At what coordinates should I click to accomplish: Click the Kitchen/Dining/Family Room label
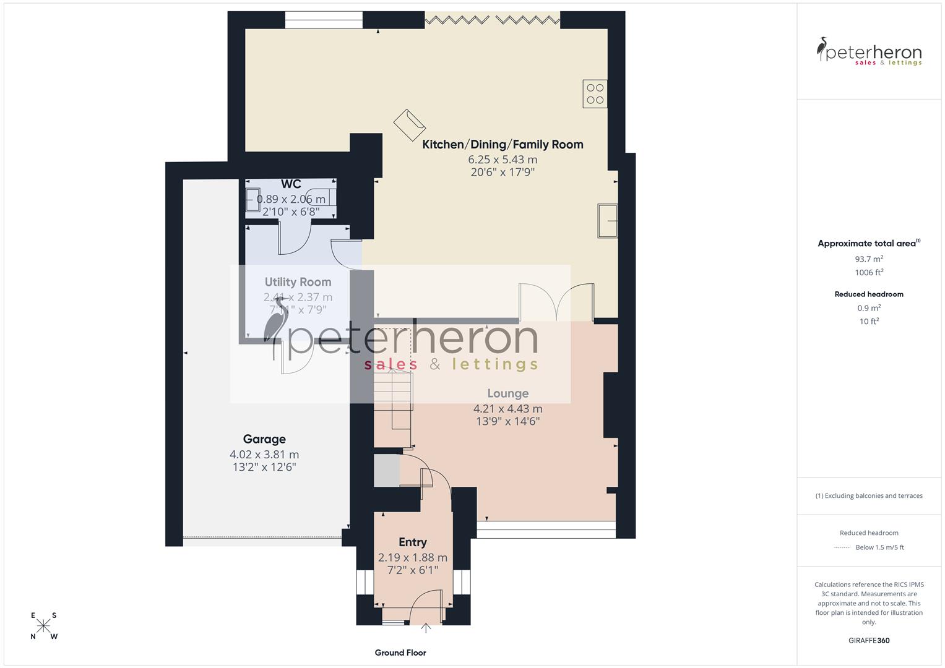(503, 145)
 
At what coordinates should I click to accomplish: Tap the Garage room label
(264, 439)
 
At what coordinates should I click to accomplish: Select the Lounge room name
(507, 393)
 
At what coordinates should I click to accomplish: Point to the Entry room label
(412, 542)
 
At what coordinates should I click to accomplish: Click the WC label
(291, 184)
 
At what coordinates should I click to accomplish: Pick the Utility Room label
(298, 282)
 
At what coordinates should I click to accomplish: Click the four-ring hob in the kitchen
(595, 94)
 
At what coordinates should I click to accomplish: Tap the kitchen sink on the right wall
(607, 220)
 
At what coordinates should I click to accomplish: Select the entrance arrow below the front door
(426, 628)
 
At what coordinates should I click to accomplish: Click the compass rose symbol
(44, 625)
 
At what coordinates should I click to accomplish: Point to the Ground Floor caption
(400, 653)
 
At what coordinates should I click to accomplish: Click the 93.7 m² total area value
(869, 259)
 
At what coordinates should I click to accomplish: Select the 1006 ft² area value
(869, 273)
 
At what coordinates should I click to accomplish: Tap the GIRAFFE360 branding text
(869, 641)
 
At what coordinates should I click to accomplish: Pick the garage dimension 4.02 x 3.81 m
(264, 455)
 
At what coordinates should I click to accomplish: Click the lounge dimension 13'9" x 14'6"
(507, 422)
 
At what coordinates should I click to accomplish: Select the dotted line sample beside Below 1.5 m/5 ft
(842, 547)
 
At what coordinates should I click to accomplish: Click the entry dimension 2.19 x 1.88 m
(412, 558)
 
